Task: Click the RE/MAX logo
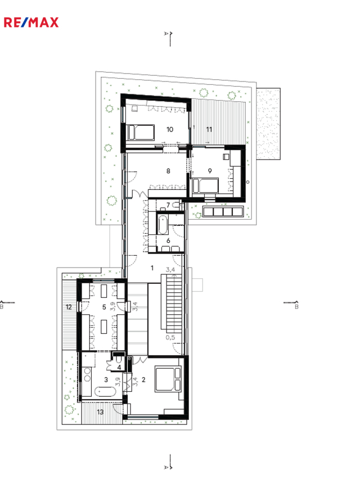[31, 22]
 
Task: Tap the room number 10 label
[170, 129]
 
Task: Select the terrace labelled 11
[219, 123]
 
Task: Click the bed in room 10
[141, 133]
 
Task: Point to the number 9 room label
[210, 171]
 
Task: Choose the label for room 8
[168, 171]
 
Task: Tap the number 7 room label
[168, 205]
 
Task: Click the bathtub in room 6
[163, 224]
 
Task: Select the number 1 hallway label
[152, 268]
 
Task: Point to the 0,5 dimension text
[170, 337]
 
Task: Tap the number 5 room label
[104, 307]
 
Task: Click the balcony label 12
[69, 307]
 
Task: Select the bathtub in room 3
[105, 391]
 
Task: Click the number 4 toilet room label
[119, 368]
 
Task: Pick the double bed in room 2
[168, 379]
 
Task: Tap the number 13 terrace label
[100, 412]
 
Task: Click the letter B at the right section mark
[296, 307]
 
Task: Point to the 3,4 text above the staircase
[170, 270]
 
